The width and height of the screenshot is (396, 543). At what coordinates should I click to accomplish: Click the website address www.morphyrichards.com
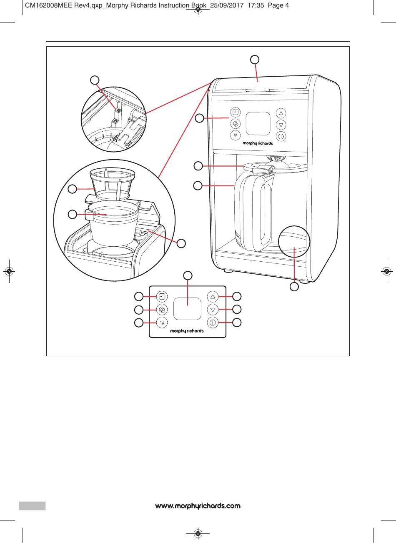[198, 506]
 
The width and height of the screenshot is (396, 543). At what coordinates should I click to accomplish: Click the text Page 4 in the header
[278, 6]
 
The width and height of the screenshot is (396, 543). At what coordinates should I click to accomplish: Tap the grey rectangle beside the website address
[32, 505]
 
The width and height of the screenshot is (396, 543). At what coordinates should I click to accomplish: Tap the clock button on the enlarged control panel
[162, 297]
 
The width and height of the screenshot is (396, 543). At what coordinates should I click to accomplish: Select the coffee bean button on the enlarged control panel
[162, 310]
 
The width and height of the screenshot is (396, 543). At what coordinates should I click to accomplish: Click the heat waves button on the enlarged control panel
[162, 322]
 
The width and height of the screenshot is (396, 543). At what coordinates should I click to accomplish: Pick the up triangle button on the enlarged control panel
[213, 297]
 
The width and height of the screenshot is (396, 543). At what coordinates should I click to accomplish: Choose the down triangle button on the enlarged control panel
[213, 310]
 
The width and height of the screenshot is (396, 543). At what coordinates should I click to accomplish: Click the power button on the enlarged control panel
[213, 322]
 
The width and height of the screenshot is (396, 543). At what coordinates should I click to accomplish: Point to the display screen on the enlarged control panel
[187, 309]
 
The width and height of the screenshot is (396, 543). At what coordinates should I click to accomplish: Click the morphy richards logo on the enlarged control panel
[187, 331]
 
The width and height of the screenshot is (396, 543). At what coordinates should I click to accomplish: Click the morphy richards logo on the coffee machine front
[258, 143]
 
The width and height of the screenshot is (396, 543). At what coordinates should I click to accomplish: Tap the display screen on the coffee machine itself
[257, 124]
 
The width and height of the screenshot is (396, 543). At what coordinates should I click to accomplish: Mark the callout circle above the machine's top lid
[255, 59]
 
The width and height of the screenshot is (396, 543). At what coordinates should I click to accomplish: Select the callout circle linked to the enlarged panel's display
[188, 275]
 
